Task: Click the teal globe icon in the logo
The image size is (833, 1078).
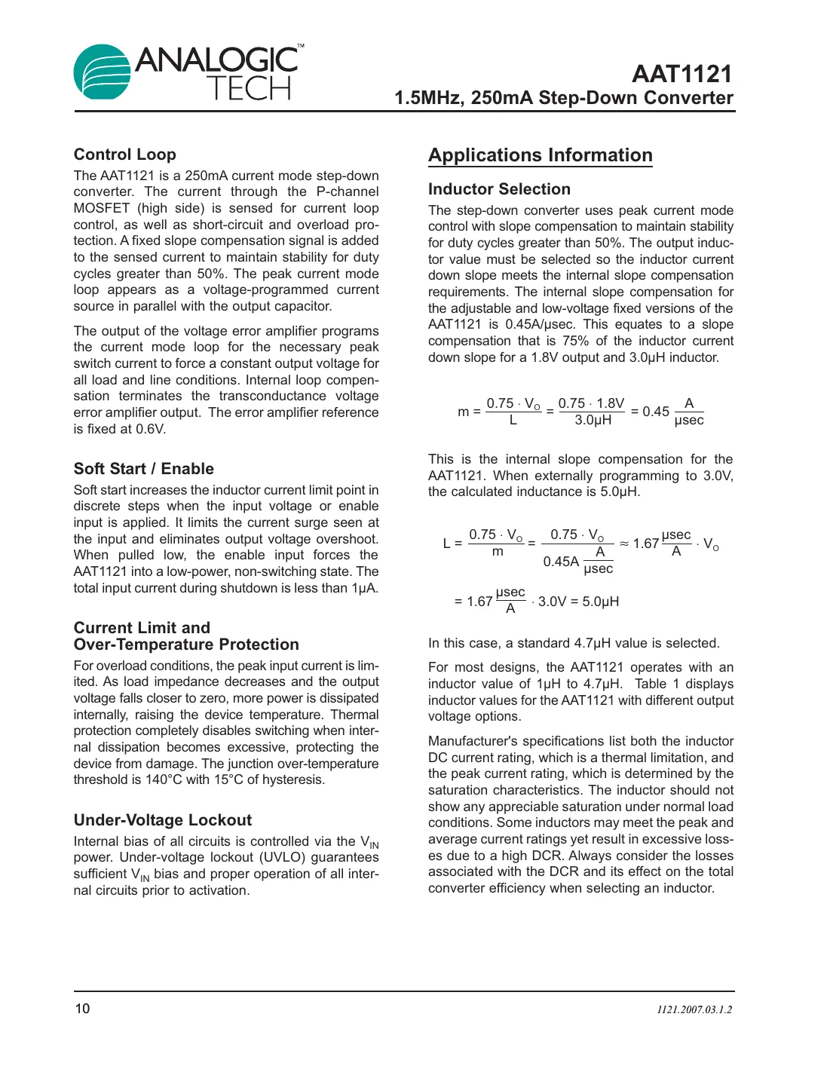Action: tap(102, 72)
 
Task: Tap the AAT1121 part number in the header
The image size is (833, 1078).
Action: tap(681, 74)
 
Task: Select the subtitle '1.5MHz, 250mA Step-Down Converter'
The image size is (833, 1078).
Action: tap(563, 98)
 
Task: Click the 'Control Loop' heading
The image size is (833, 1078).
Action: tap(124, 155)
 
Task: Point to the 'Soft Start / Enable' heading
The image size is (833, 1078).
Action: tap(143, 469)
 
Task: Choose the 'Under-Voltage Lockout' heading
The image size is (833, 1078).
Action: tap(162, 820)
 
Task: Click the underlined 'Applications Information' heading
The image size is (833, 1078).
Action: tap(540, 155)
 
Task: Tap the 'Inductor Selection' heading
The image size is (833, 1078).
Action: tap(499, 189)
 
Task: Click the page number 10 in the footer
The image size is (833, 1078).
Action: tap(82, 1009)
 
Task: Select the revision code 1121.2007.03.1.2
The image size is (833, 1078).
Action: tap(694, 1009)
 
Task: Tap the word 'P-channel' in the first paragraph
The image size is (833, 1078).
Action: tap(348, 192)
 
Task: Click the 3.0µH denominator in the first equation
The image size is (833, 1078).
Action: tap(593, 420)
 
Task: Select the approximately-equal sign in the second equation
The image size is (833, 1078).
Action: tap(624, 544)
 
